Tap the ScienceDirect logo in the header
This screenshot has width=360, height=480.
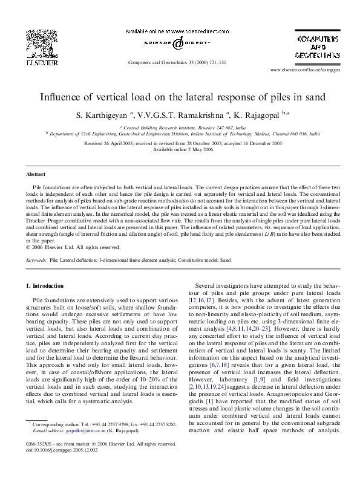coord(180,44)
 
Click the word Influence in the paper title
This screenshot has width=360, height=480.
coord(62,97)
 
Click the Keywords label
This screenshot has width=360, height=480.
coord(36,259)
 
